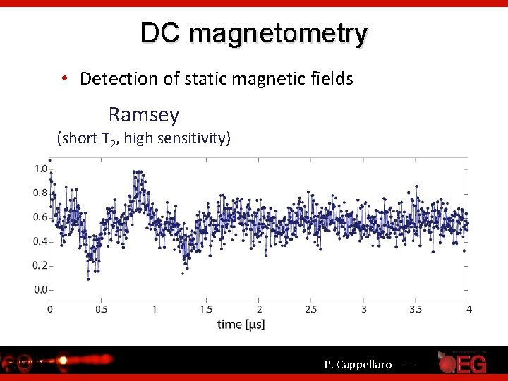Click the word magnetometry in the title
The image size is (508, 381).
click(278, 34)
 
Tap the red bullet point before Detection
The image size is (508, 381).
click(64, 78)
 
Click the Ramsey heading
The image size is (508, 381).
click(144, 114)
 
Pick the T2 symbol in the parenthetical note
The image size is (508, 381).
click(108, 139)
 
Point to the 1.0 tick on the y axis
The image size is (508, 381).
click(42, 169)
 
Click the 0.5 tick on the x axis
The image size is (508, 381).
click(102, 309)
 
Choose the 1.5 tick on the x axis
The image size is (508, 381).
click(206, 309)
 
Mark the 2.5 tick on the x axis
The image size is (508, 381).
click(311, 309)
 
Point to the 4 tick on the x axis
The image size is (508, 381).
click(468, 309)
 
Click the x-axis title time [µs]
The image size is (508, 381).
click(241, 324)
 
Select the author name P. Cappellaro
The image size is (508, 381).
click(358, 365)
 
